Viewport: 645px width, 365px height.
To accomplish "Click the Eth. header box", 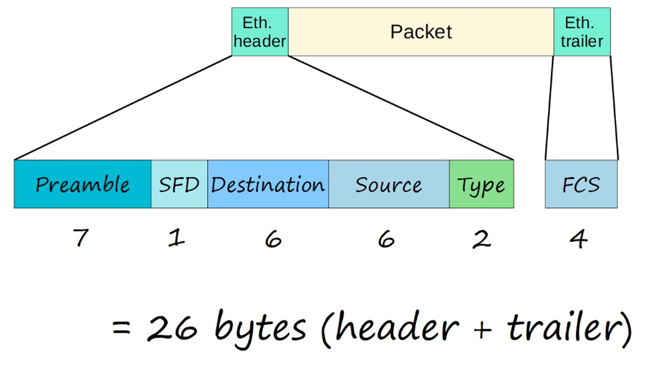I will (x=260, y=32).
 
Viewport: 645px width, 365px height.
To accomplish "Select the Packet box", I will (x=421, y=32).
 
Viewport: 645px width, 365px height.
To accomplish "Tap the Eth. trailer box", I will (x=582, y=32).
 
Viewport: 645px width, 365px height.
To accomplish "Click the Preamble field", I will (x=82, y=184).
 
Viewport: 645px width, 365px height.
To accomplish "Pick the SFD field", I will (x=179, y=184).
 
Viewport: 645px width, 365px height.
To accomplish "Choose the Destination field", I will (x=268, y=184).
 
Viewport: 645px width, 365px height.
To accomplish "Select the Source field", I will (x=389, y=184).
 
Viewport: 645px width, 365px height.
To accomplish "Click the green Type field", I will (x=481, y=184).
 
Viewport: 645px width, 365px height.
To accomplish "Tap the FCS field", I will (x=581, y=184).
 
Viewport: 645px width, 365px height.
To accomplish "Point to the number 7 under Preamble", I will (x=81, y=238).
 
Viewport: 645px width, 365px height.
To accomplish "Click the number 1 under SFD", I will (x=176, y=238).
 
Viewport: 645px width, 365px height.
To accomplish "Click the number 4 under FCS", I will (x=578, y=239).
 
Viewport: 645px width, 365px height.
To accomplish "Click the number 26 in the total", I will (x=172, y=328).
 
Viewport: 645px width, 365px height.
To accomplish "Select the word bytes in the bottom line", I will (x=260, y=328).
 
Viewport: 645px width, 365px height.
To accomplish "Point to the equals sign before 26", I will (x=121, y=327).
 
